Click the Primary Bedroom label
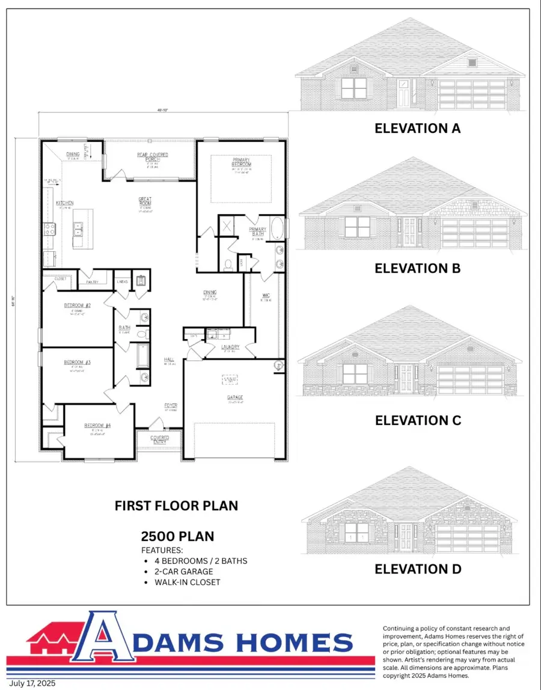click(242, 162)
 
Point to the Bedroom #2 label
click(77, 305)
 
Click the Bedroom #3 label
click(77, 362)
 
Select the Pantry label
click(93, 281)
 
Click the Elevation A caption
click(417, 128)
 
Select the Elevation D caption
click(418, 569)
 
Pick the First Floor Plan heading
click(176, 506)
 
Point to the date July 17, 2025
click(34, 683)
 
